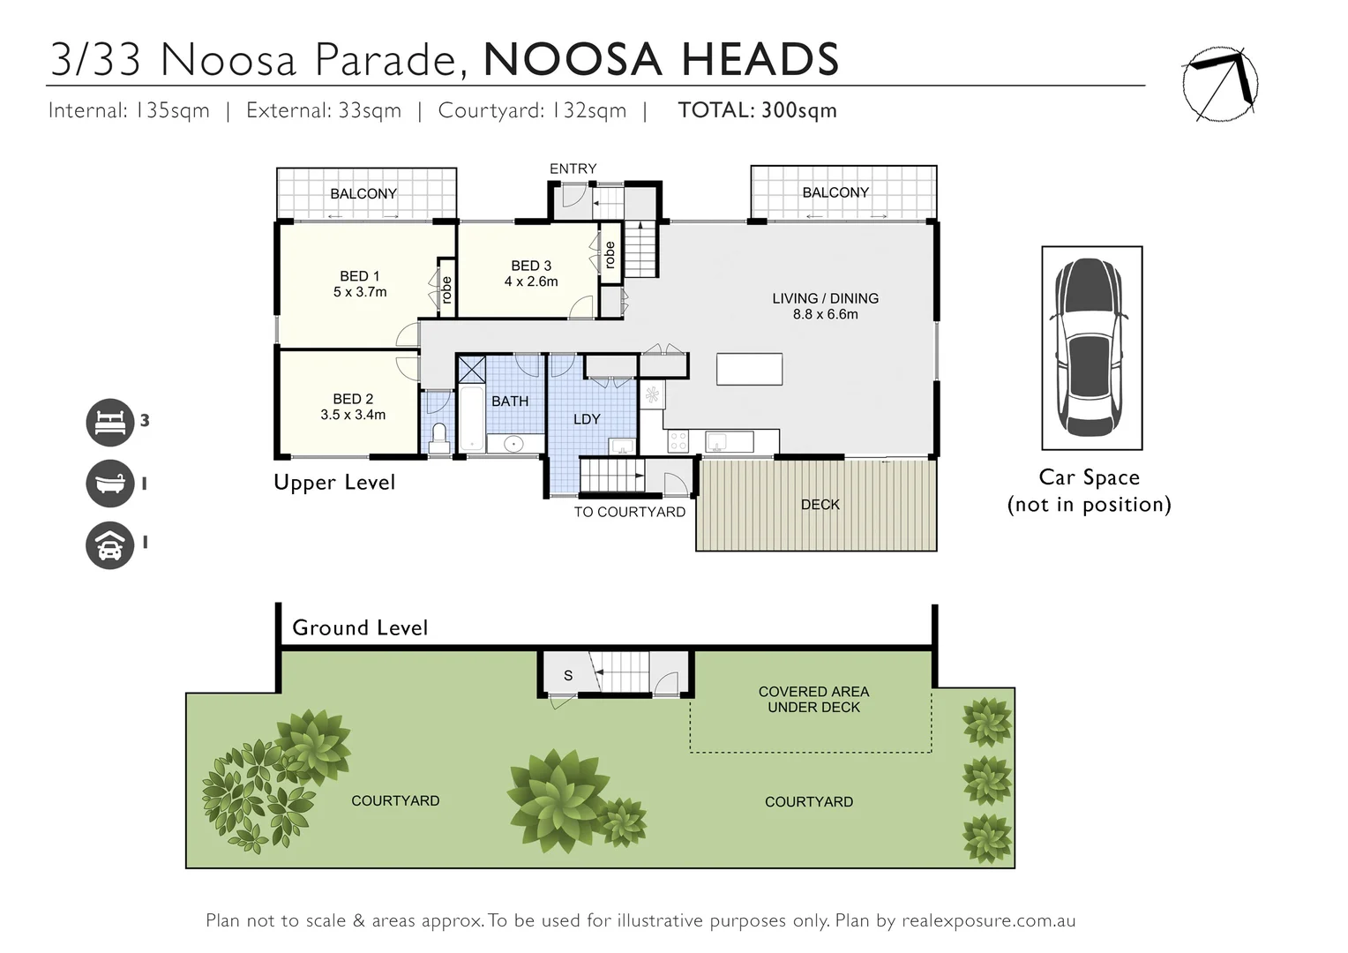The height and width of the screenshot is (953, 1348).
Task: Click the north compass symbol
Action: pos(1219,84)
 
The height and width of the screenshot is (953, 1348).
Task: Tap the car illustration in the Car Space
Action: pos(1091,348)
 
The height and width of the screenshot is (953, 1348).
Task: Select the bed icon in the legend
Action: pos(109,421)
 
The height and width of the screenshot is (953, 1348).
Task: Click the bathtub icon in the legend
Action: pos(109,484)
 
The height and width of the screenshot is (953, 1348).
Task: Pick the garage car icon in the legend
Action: pos(109,544)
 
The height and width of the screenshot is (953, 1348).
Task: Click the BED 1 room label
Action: pos(359,276)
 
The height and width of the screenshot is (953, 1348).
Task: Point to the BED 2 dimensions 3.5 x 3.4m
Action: pos(353,415)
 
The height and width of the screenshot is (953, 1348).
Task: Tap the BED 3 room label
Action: pos(531,266)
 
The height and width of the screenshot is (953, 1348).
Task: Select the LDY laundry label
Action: pos(587,419)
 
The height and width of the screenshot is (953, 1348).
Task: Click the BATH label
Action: pos(510,401)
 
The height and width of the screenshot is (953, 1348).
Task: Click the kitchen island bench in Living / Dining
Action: pos(749,369)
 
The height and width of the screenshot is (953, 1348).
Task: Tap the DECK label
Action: pos(820,505)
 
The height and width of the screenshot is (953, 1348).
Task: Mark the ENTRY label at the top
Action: pos(573,169)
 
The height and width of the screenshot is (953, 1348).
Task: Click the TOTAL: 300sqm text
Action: pos(757,110)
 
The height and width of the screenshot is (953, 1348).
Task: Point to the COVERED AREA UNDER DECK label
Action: pos(813,700)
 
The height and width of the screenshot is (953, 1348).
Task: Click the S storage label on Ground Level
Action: pos(568,676)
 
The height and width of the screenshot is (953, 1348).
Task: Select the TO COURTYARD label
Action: pos(629,512)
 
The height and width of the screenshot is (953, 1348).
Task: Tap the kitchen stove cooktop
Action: pos(678,441)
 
